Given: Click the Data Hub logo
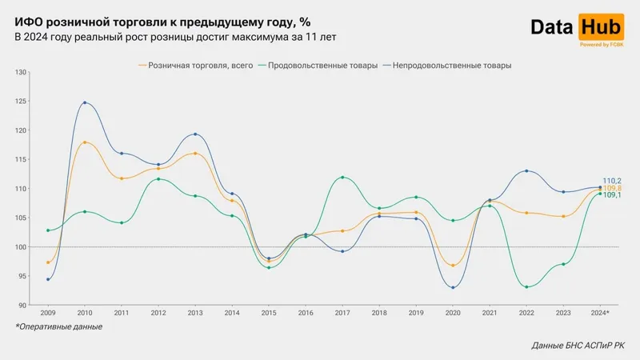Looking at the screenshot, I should (576, 28).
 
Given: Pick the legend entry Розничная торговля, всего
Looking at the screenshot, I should (200, 66).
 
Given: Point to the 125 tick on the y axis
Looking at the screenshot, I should (21, 102).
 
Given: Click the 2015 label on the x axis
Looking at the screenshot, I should (269, 313).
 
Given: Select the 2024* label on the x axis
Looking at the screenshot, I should (599, 313).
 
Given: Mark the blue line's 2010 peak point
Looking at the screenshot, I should (85, 102).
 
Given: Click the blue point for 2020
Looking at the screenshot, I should (453, 287).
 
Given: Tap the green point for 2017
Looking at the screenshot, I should (342, 178).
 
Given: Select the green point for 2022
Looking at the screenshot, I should (526, 286).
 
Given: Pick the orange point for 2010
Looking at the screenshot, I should (85, 142).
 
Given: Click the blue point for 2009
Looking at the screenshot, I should (48, 279).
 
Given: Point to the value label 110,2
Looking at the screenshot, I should (612, 181).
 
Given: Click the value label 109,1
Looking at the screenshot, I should (612, 195).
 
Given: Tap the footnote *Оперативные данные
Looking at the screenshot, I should (58, 326).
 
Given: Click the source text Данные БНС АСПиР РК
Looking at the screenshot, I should (578, 346).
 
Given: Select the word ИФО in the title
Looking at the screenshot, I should (28, 22).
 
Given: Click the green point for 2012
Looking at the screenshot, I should (158, 178).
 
